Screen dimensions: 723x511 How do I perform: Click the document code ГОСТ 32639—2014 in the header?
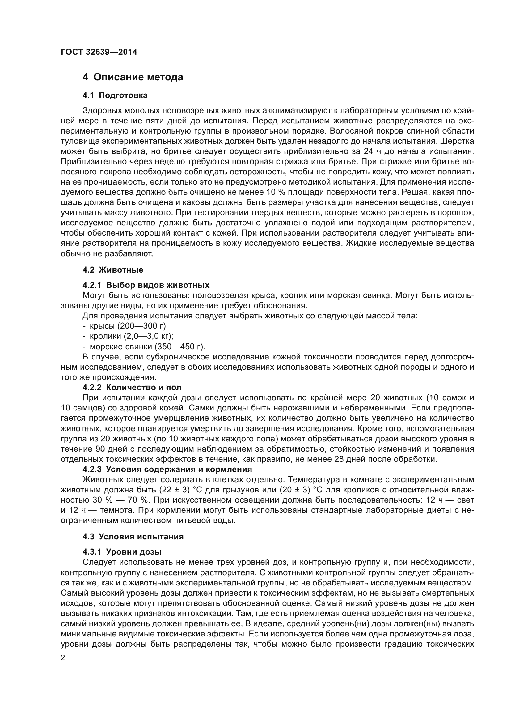(99, 52)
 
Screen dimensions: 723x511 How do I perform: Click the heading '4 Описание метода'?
(133, 77)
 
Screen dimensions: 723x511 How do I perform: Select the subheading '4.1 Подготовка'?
(115, 96)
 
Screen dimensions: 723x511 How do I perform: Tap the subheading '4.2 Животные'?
(113, 270)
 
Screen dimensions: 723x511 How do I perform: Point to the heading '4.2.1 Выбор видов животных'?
(146, 285)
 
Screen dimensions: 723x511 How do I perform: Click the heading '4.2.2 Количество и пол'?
(132, 387)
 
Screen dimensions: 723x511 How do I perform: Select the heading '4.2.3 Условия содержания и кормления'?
(167, 469)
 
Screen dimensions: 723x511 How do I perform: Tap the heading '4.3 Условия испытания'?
(133, 537)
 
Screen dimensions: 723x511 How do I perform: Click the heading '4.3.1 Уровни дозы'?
(122, 552)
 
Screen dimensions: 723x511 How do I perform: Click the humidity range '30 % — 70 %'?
(121, 500)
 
